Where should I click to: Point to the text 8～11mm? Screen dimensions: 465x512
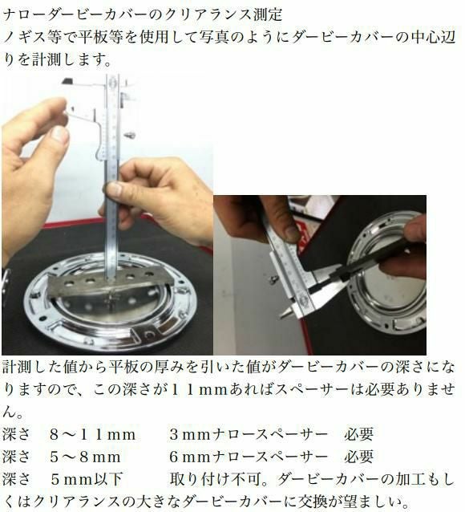click(x=93, y=435)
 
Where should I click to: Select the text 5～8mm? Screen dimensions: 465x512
click(x=86, y=457)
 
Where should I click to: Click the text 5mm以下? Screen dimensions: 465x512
click(x=87, y=479)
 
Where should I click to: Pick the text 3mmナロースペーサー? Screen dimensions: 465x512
click(x=249, y=435)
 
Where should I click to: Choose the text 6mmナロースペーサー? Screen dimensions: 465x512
click(x=249, y=457)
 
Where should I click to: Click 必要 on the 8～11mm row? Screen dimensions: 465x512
click(x=358, y=435)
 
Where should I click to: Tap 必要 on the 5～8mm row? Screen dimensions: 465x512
click(x=358, y=457)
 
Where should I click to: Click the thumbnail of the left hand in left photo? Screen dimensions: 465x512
click(x=60, y=134)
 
